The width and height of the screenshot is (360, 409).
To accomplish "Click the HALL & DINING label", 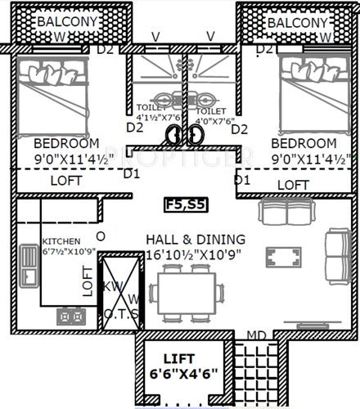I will tap(195, 239).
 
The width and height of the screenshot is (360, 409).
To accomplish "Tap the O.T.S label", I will tap(121, 315).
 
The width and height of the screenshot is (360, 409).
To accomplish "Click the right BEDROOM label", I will tap(304, 143).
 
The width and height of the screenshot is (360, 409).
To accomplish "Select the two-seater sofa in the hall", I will tap(286, 213).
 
